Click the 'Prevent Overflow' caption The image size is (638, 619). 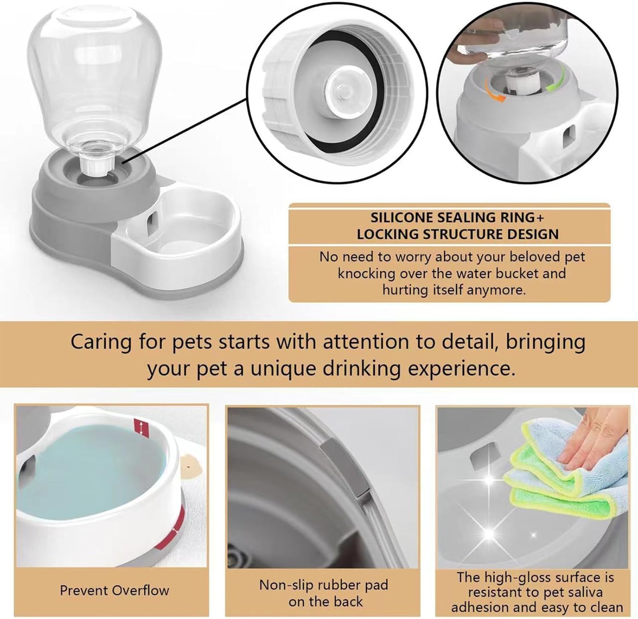tap(114, 590)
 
